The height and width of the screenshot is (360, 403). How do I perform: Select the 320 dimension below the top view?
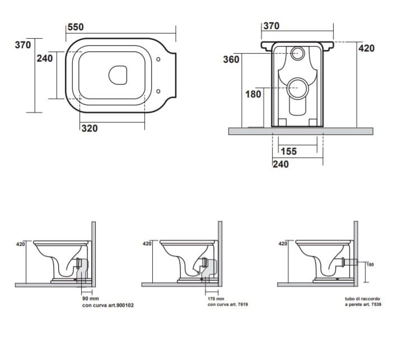pos(89,128)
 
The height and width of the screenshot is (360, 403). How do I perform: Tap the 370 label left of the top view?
pos(22,45)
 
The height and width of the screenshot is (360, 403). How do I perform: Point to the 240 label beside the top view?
pos(45,58)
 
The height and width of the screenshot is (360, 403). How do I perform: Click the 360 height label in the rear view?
pos(231,59)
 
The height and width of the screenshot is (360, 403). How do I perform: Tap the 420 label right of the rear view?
pos(367,49)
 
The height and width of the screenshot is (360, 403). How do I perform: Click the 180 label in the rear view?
pos(253,94)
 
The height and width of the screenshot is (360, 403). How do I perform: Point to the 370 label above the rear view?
pos(271,26)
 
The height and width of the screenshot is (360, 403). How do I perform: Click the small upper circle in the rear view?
pos(298,53)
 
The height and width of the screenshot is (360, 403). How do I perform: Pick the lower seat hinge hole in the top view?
pos(160,91)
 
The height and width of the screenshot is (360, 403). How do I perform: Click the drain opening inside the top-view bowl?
pos(118,74)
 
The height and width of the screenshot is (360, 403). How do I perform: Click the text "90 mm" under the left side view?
pos(90,299)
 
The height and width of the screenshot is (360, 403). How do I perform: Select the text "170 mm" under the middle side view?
pos(216,299)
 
